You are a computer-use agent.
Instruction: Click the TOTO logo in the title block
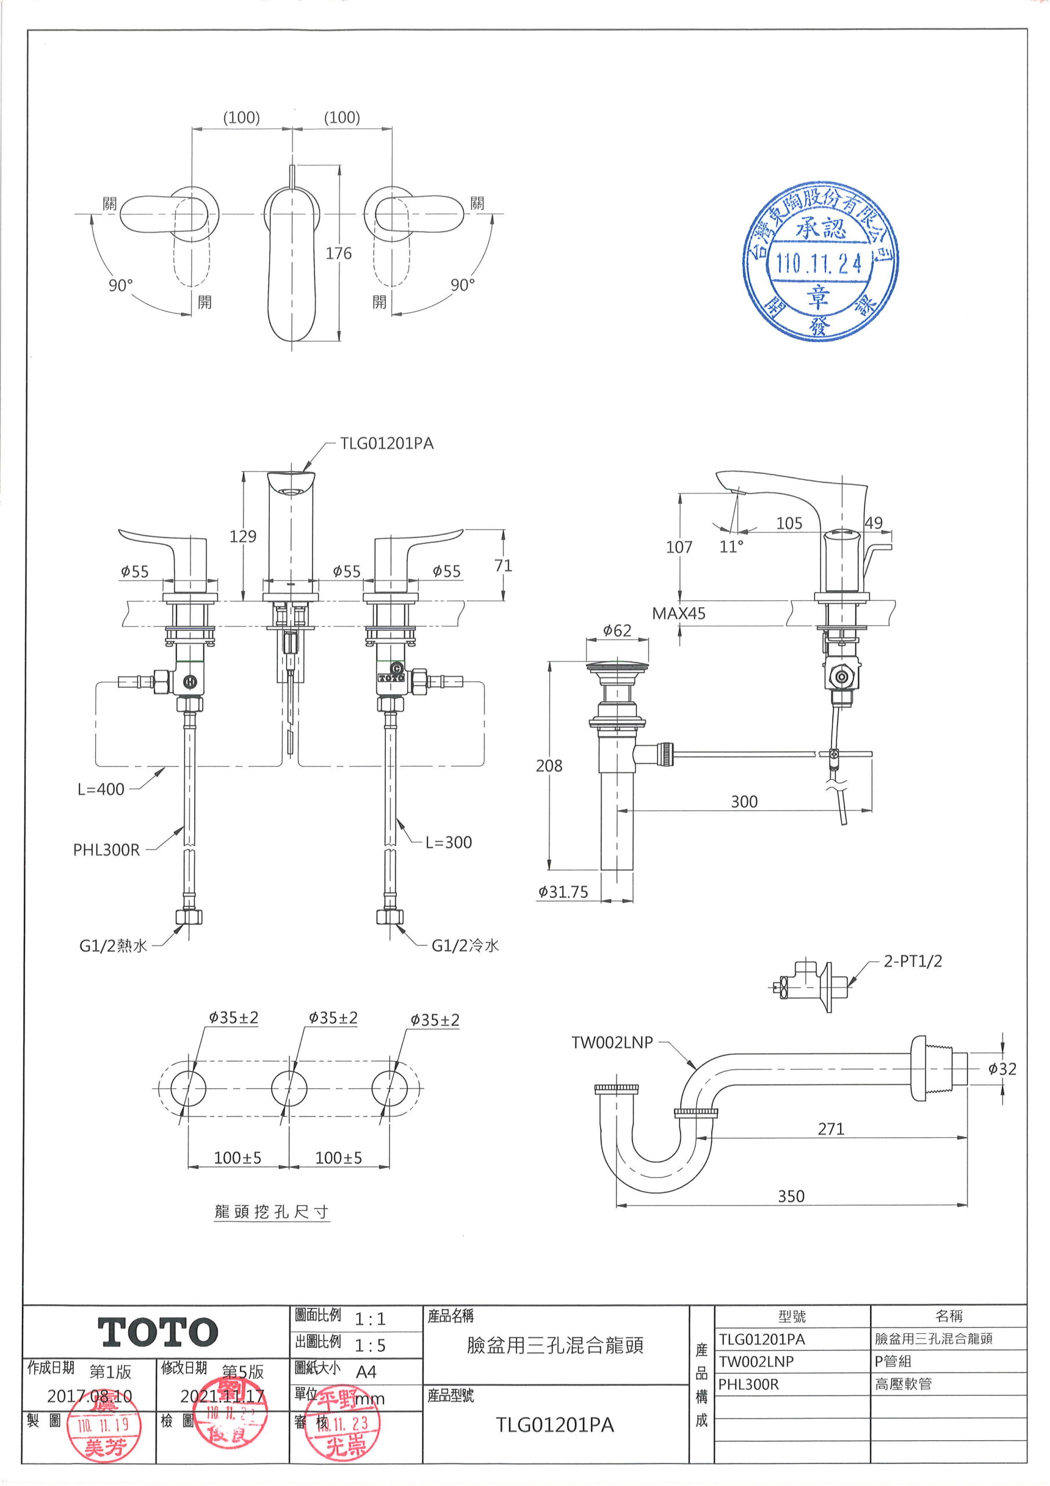click(x=158, y=1332)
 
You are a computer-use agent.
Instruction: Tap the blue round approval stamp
click(x=820, y=261)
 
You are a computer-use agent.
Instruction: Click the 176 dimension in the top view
click(x=338, y=253)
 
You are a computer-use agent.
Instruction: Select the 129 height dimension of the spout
click(x=242, y=536)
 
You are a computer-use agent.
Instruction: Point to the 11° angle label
click(x=731, y=547)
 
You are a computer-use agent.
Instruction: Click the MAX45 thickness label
click(x=678, y=613)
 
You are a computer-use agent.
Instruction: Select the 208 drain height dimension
click(x=549, y=766)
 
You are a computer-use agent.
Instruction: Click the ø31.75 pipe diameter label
click(x=563, y=892)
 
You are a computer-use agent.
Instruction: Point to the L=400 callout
click(x=101, y=789)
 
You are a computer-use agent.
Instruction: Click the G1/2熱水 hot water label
click(x=113, y=946)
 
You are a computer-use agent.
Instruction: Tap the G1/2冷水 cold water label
click(x=465, y=946)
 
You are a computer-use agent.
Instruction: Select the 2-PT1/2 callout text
click(x=913, y=961)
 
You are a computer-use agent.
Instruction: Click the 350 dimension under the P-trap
click(x=791, y=1196)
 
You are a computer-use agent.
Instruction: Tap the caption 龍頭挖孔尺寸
click(x=271, y=1211)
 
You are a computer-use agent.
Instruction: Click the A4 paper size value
click(x=366, y=1372)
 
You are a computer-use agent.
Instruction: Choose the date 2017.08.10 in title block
click(x=89, y=1396)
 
